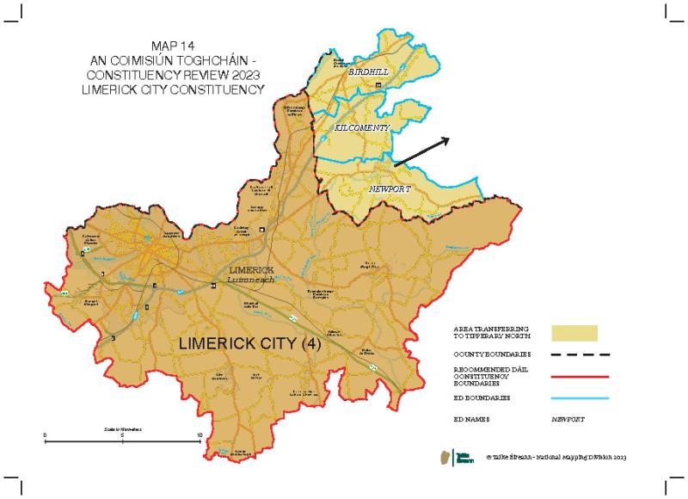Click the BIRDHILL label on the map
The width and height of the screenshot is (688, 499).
tap(367, 75)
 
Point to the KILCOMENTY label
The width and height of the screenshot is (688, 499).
tap(362, 127)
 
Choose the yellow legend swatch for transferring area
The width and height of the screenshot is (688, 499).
tap(574, 333)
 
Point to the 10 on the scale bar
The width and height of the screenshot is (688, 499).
tap(200, 434)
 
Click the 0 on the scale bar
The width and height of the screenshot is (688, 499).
tap(45, 434)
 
